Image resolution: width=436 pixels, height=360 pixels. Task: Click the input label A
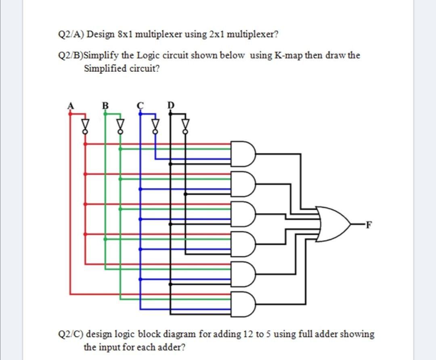pos(70,106)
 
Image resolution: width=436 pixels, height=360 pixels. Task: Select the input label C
pos(140,106)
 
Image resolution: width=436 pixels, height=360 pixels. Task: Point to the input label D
pos(170,106)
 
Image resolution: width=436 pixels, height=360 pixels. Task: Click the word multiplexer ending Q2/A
pos(252,34)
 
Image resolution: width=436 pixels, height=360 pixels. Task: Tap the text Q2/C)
pos(71,334)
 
